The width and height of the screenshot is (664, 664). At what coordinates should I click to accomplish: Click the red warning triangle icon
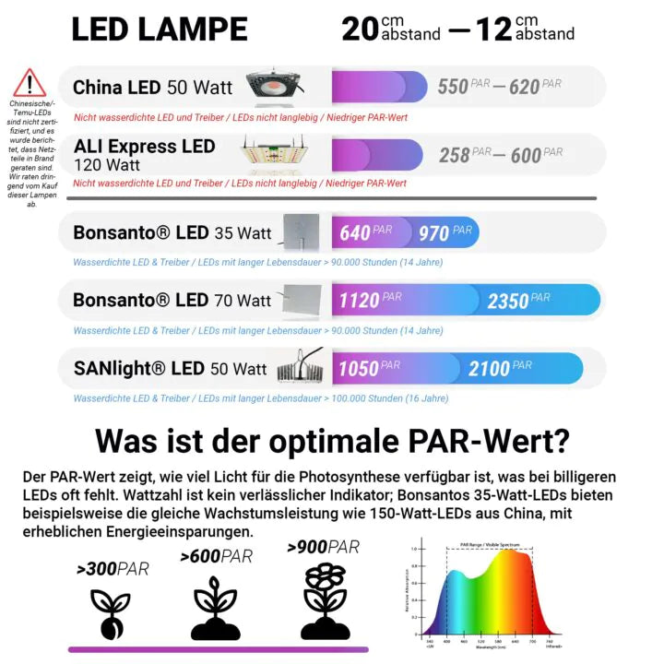[30, 83]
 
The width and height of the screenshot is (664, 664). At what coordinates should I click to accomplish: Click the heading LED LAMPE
[160, 30]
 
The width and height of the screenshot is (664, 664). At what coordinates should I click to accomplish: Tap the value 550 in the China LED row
[453, 87]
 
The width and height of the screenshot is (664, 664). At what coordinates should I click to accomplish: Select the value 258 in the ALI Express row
[455, 155]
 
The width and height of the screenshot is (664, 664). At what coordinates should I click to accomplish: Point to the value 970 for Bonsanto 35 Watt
[433, 233]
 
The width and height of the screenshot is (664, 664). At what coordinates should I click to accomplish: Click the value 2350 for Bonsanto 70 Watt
[507, 301]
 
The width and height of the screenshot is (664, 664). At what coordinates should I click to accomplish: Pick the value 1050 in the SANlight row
[357, 369]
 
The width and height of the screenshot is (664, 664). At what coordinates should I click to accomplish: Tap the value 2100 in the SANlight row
[488, 369]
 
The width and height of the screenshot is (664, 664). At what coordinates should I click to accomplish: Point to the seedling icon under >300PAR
[110, 611]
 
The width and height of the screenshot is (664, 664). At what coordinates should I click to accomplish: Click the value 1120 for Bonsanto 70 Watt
[359, 301]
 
